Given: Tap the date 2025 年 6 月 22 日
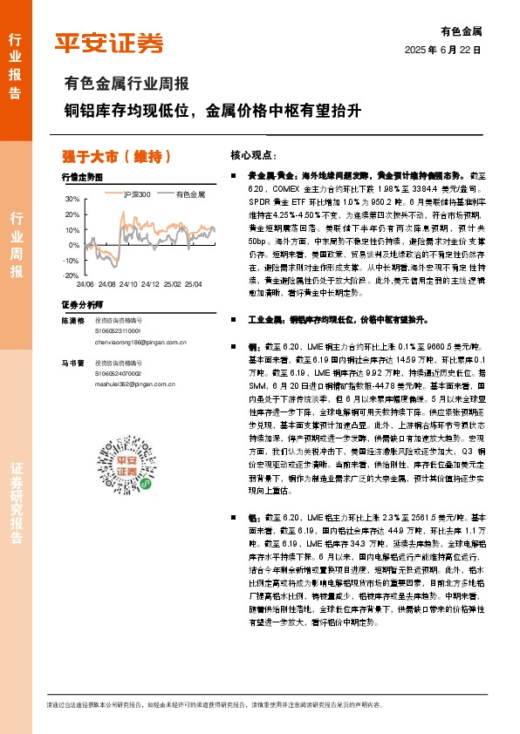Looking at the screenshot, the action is click(443, 51).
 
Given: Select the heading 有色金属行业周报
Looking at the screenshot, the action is click(127, 85).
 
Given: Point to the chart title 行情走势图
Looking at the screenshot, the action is click(82, 176).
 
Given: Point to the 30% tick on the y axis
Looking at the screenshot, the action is click(72, 200).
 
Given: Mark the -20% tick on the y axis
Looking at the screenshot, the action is click(70, 275).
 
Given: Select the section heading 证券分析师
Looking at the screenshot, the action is click(82, 304).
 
